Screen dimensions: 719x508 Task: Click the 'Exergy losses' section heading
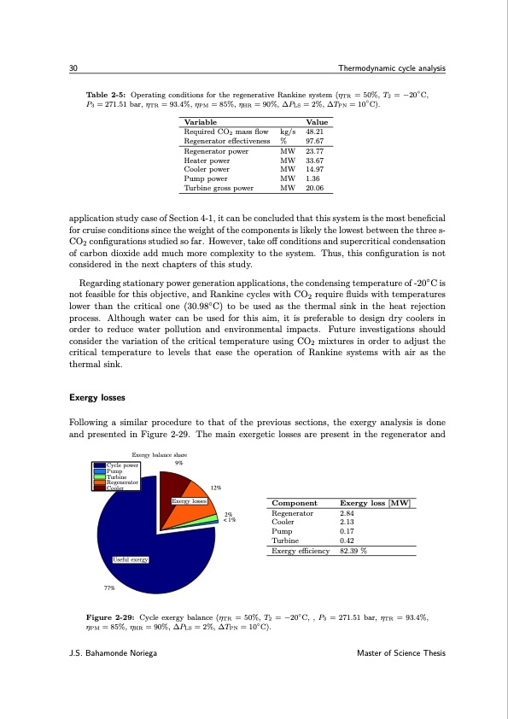(x=96, y=397)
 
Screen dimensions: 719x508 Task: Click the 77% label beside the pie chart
(x=109, y=587)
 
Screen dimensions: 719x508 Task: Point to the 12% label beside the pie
(x=218, y=488)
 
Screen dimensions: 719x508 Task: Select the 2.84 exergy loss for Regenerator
(x=347, y=514)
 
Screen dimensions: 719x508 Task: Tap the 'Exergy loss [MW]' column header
(x=376, y=504)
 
